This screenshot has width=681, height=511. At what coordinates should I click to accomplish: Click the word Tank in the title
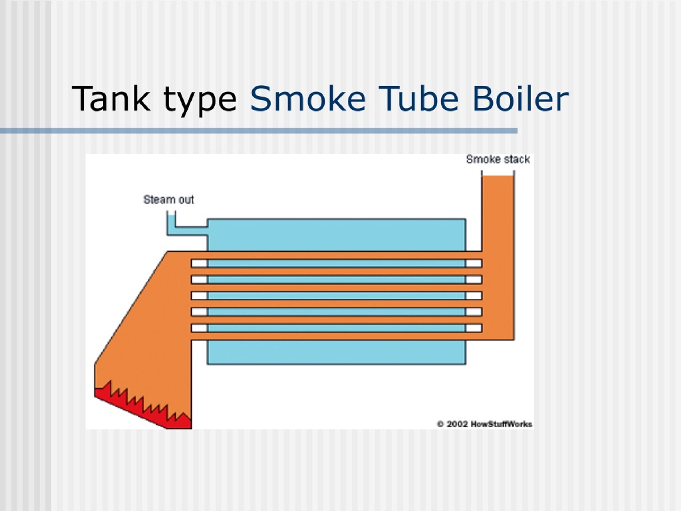coord(111,99)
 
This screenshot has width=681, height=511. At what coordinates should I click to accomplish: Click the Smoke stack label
coord(498,159)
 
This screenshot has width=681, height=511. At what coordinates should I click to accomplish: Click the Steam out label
coord(169,200)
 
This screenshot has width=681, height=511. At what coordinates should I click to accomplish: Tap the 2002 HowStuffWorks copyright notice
coord(485,424)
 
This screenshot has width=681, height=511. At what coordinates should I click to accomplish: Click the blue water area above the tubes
coord(337,235)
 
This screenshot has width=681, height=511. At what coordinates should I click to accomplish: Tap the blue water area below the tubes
coord(337,352)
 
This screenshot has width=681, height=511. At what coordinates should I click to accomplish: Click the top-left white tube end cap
coord(199,263)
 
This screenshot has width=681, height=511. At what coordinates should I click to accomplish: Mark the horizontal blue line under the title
coord(259,131)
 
